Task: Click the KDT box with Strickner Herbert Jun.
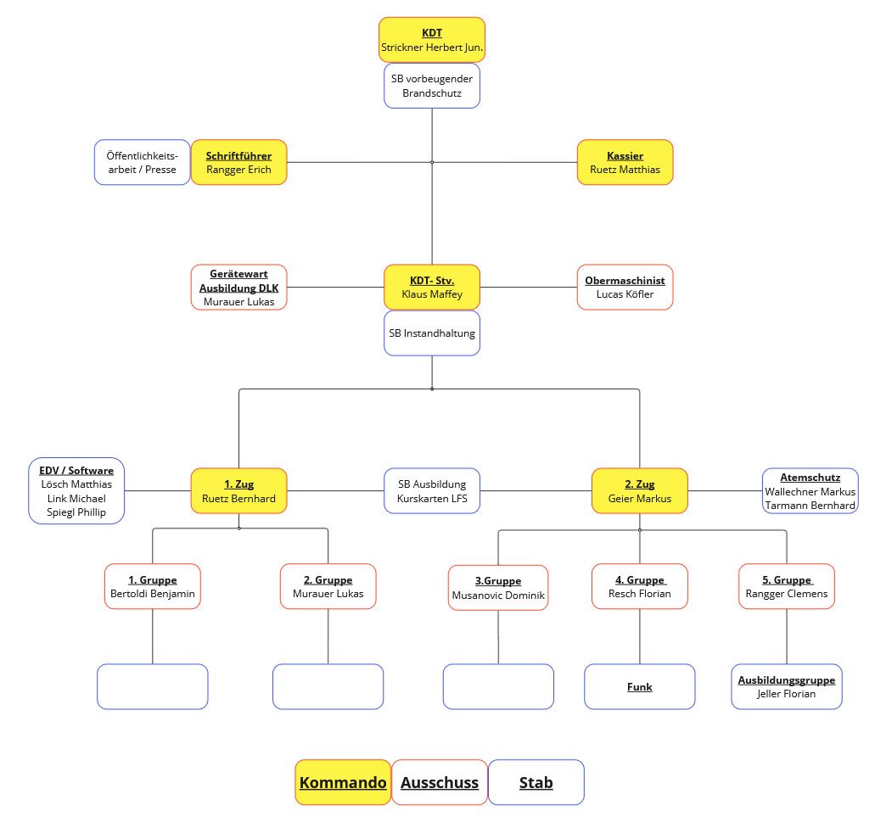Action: point(431,40)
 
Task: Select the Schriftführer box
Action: point(238,162)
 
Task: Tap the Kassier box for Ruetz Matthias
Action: point(625,162)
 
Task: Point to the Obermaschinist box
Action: point(625,287)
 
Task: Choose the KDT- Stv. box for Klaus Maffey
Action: point(431,287)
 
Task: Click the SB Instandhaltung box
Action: point(431,333)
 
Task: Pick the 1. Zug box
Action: point(238,490)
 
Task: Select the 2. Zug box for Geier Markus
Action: point(639,490)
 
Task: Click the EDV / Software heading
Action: point(76,470)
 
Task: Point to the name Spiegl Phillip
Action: point(76,512)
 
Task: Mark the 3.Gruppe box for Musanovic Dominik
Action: point(498,588)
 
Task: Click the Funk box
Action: point(639,686)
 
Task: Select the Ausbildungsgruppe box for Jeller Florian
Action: point(786,686)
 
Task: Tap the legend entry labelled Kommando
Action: point(343,782)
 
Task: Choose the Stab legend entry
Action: point(536,782)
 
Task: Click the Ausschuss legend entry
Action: point(439,782)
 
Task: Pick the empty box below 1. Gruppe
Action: point(153,686)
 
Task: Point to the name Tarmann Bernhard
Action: point(810,505)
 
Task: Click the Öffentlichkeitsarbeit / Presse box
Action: point(142,162)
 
